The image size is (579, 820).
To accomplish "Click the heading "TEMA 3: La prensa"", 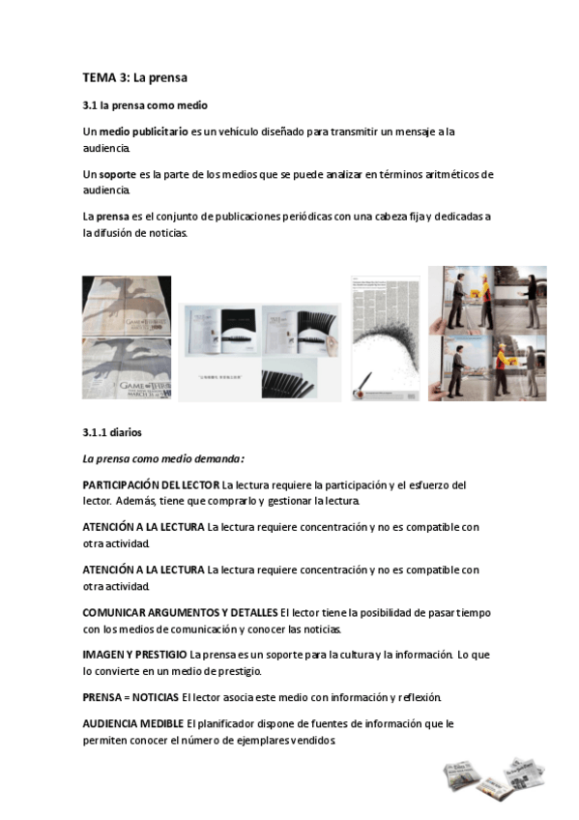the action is coord(134,76).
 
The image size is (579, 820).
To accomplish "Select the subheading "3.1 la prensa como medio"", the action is coord(145,104).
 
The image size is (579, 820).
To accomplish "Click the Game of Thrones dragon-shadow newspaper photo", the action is coord(127,337).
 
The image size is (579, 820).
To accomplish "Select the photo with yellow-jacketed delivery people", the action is coord(487,333).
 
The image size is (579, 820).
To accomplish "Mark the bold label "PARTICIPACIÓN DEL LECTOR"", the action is coord(151,484).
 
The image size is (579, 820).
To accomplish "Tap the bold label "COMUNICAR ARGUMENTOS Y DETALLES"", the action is coord(180,613).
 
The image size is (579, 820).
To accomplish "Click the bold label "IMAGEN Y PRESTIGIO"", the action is coord(135,656).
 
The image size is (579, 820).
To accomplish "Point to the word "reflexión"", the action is coord(417,696).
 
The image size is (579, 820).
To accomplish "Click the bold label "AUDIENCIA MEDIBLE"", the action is coord(134,723).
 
